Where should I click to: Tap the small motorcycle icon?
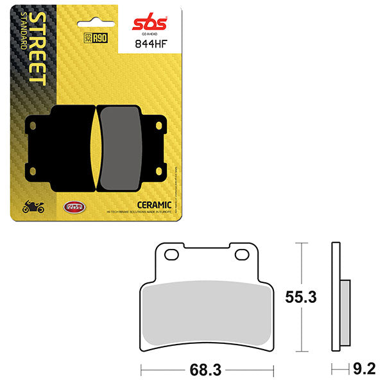click(33, 207)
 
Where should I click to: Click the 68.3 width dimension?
click(206, 370)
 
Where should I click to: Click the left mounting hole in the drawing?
click(171, 255)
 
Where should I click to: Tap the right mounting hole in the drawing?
click(241, 255)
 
